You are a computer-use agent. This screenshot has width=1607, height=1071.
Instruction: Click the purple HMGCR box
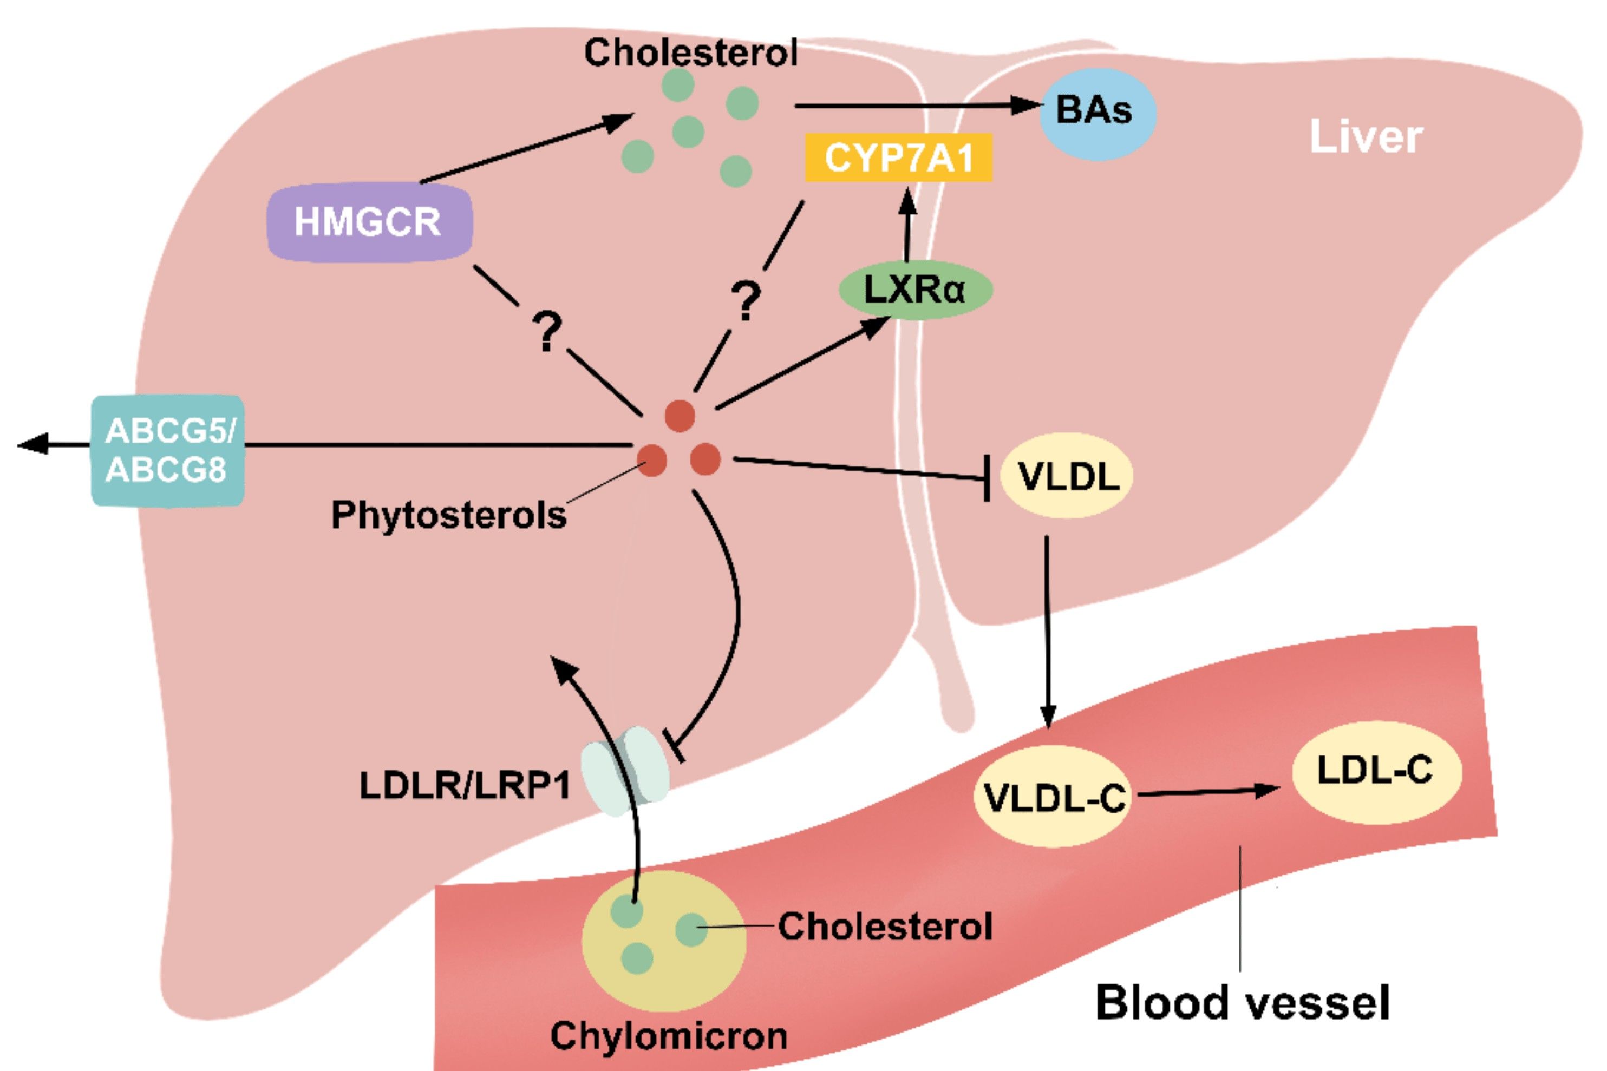tap(369, 222)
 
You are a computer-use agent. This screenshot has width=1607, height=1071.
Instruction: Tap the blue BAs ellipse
tap(1096, 113)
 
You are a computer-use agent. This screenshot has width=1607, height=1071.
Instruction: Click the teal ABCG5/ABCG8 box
tap(168, 451)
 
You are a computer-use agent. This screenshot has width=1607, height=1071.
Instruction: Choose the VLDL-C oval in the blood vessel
tap(1052, 797)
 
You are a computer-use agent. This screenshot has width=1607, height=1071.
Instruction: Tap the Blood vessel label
tap(1242, 1003)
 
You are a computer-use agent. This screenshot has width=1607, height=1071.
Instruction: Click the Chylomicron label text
tap(668, 1036)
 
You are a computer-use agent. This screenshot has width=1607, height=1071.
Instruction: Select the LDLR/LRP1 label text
tap(465, 785)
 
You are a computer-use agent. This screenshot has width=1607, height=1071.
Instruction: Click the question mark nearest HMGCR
tap(547, 332)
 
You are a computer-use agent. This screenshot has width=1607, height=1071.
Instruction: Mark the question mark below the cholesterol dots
tap(746, 300)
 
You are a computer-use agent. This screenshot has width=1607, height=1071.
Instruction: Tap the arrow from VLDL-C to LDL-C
tap(1206, 792)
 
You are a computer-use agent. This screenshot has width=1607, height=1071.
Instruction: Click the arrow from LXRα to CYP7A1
tap(907, 225)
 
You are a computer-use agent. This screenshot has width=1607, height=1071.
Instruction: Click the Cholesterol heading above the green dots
tap(690, 52)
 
